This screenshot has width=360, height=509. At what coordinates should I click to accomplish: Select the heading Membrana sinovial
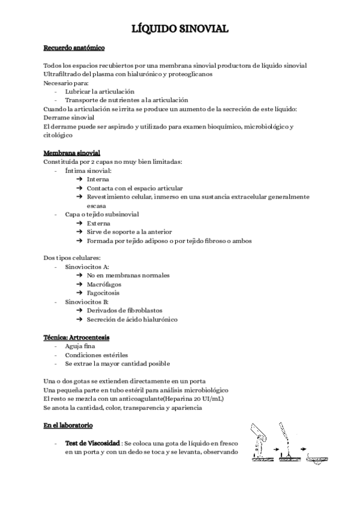point(71,153)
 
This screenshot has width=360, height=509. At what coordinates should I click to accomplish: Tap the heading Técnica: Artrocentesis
point(77,337)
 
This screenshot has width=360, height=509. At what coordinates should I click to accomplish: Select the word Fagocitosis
point(103,293)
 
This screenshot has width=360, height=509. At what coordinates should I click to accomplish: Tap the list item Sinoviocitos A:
point(87,267)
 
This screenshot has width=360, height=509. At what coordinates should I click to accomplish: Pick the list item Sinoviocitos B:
point(87,302)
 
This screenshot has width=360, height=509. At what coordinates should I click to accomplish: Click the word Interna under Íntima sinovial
point(98,179)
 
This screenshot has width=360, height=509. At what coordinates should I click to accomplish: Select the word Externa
point(98,223)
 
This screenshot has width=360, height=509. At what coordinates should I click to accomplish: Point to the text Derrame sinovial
point(69,118)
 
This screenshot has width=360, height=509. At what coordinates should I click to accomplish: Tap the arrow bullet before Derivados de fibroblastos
point(80,311)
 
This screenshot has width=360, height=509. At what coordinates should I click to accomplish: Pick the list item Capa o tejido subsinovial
point(102,214)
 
